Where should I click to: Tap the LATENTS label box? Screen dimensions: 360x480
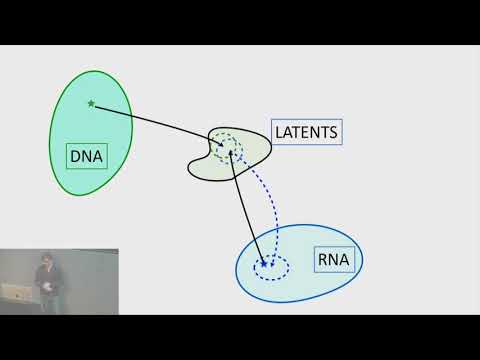[x=307, y=132]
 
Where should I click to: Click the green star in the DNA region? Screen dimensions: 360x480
[x=91, y=103]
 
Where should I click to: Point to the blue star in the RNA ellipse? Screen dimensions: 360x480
[x=264, y=264]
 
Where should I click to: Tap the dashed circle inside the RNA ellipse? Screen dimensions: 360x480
[x=271, y=266]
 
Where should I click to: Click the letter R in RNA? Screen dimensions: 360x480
[x=322, y=262]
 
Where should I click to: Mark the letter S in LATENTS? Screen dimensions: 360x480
[x=335, y=132]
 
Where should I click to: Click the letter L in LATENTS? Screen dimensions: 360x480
[x=279, y=132]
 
